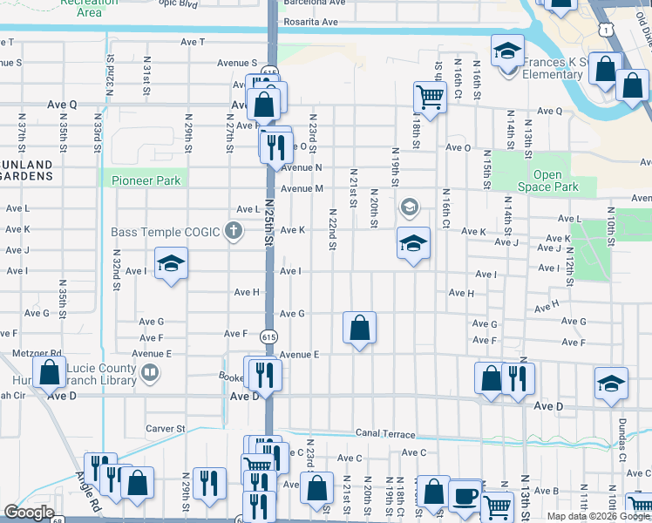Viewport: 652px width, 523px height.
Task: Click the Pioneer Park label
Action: [146, 180]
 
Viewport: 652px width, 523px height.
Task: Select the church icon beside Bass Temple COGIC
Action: [232, 231]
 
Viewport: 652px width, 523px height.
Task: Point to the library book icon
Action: [151, 374]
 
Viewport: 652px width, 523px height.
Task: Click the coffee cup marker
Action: [465, 494]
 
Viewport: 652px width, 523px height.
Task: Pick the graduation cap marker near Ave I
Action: [172, 263]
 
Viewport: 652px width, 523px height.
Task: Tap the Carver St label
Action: [166, 429]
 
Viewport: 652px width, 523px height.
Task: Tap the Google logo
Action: [28, 513]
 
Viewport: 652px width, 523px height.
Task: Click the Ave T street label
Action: [193, 42]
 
